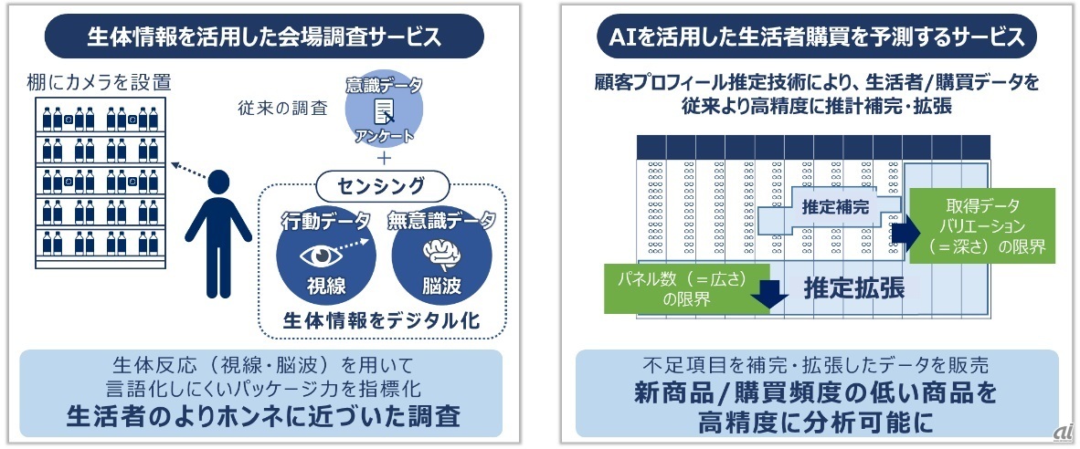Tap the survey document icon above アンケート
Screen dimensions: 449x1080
tap(384, 113)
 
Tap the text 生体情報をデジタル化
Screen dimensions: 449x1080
tap(381, 320)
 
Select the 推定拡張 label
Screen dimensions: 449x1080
tap(853, 287)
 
